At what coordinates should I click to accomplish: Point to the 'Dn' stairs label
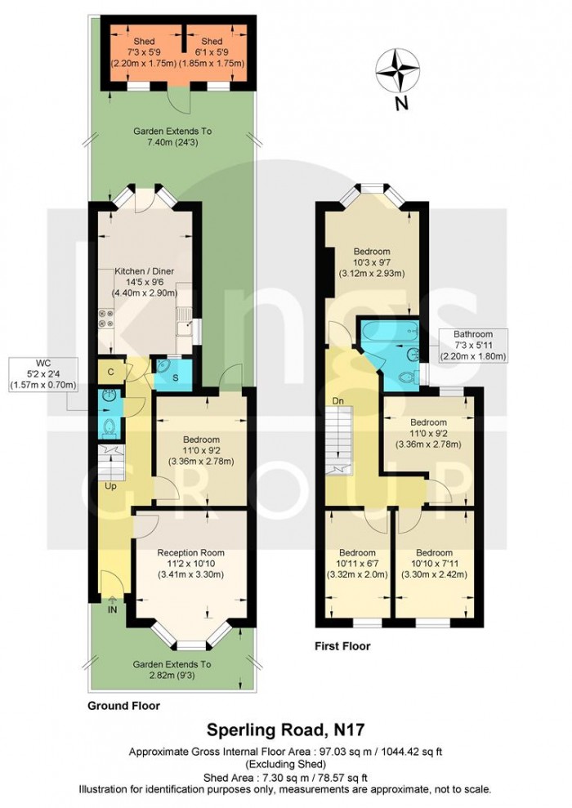[337, 400]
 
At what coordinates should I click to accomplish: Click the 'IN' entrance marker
[110, 609]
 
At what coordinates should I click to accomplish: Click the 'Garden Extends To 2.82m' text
[172, 670]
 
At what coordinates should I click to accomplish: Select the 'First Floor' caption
[342, 646]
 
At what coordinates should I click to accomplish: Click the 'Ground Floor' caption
[124, 705]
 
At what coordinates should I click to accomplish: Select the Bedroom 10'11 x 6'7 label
[357, 563]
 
